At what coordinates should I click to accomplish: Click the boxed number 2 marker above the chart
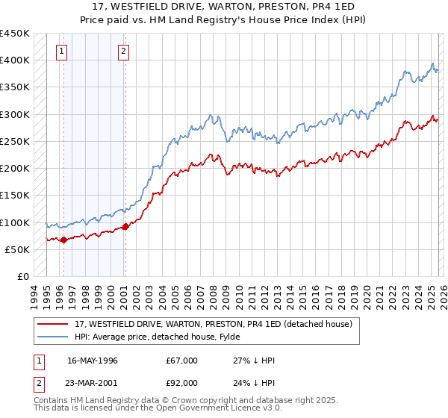pyautogui.click(x=123, y=52)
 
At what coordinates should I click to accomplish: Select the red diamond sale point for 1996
pyautogui.click(x=63, y=240)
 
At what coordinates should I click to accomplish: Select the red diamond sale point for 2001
pyautogui.click(x=125, y=226)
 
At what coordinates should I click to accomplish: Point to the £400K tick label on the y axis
pyautogui.click(x=14, y=60)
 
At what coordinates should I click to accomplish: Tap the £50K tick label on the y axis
pyautogui.click(x=17, y=250)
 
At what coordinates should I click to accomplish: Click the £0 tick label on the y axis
pyautogui.click(x=22, y=277)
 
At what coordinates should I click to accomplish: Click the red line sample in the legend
pyautogui.click(x=53, y=324)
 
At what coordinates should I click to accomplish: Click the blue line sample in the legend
pyautogui.click(x=53, y=337)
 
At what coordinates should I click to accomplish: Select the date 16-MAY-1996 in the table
pyautogui.click(x=93, y=361)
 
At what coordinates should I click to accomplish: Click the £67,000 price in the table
pyautogui.click(x=182, y=361)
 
